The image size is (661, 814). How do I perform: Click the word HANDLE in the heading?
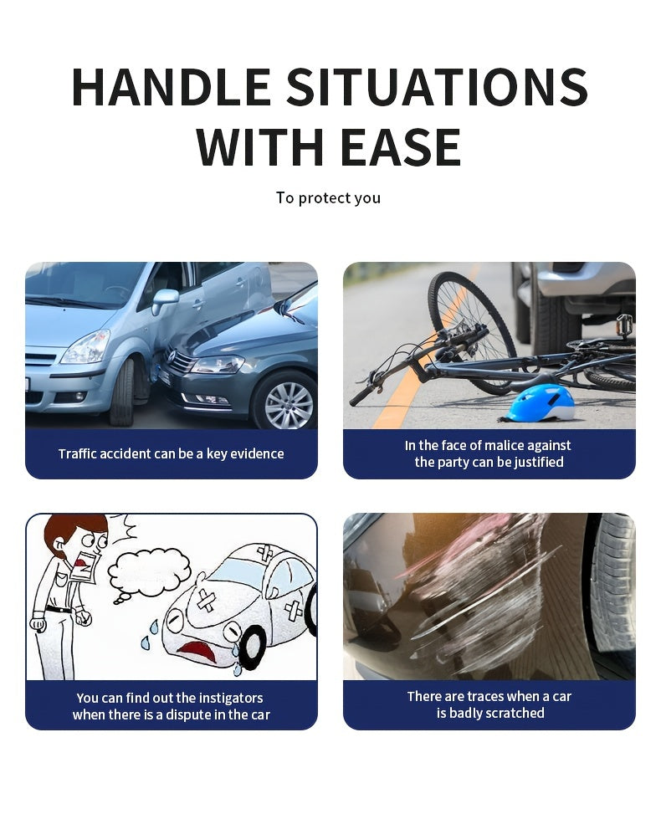tap(171, 86)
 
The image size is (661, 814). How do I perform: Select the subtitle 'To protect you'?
tap(328, 197)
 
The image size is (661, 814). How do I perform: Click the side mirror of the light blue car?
tap(165, 300)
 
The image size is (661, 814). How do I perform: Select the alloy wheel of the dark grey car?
tap(289, 404)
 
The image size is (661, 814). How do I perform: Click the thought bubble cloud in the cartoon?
tap(150, 572)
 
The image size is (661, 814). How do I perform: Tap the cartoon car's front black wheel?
tap(254, 647)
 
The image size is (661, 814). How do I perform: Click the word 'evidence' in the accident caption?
tap(257, 453)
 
